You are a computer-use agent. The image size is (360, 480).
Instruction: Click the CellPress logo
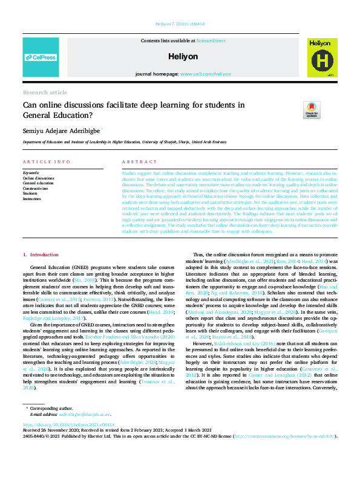41,57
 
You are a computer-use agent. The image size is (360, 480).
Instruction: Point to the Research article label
45,92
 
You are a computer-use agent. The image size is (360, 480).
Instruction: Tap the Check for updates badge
312,109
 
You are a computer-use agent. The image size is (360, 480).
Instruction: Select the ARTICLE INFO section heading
47,162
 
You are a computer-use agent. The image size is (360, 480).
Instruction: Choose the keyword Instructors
32,198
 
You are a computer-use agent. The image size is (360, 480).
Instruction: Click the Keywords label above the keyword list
31,173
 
